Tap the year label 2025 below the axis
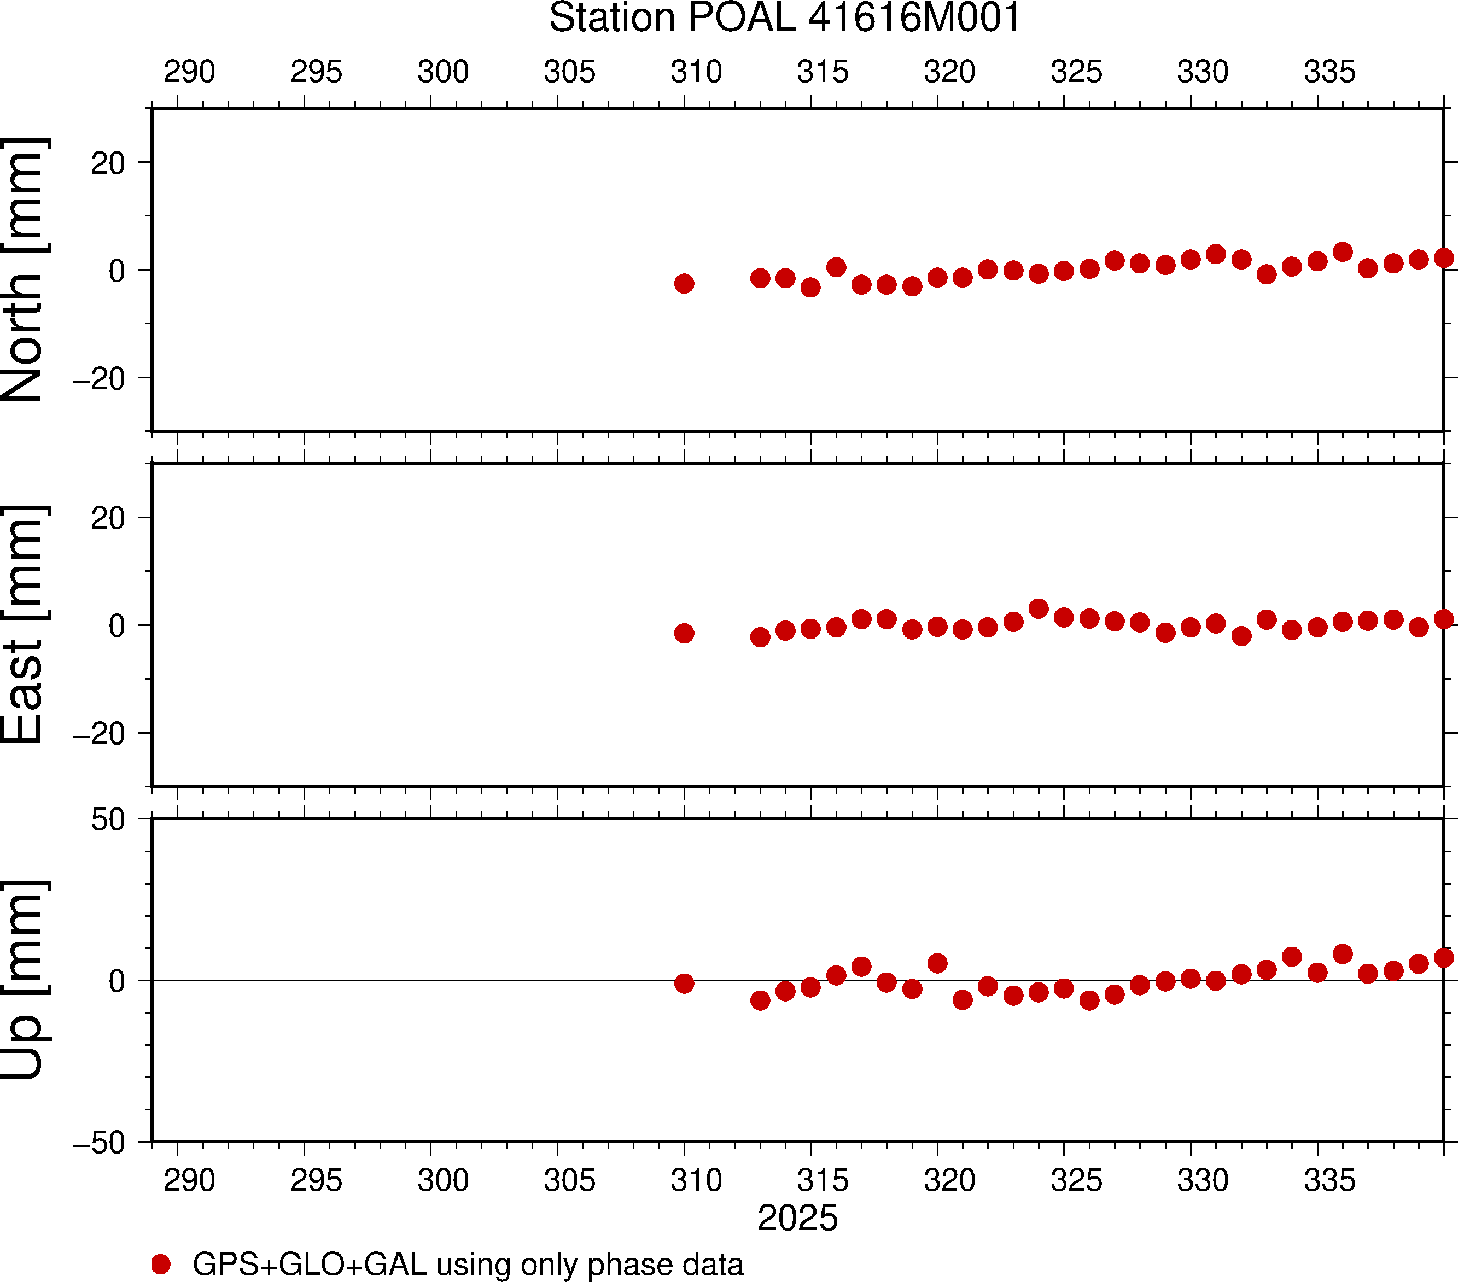(797, 1218)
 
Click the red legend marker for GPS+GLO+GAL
(161, 1264)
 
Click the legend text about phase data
(468, 1264)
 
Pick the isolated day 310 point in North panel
(684, 284)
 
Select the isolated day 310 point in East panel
(684, 633)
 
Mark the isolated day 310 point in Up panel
(684, 984)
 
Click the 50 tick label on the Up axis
(108, 820)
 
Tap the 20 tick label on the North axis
(108, 163)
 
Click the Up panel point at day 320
(937, 964)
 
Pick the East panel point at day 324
(1039, 609)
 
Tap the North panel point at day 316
(836, 267)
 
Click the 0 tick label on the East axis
(117, 626)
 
